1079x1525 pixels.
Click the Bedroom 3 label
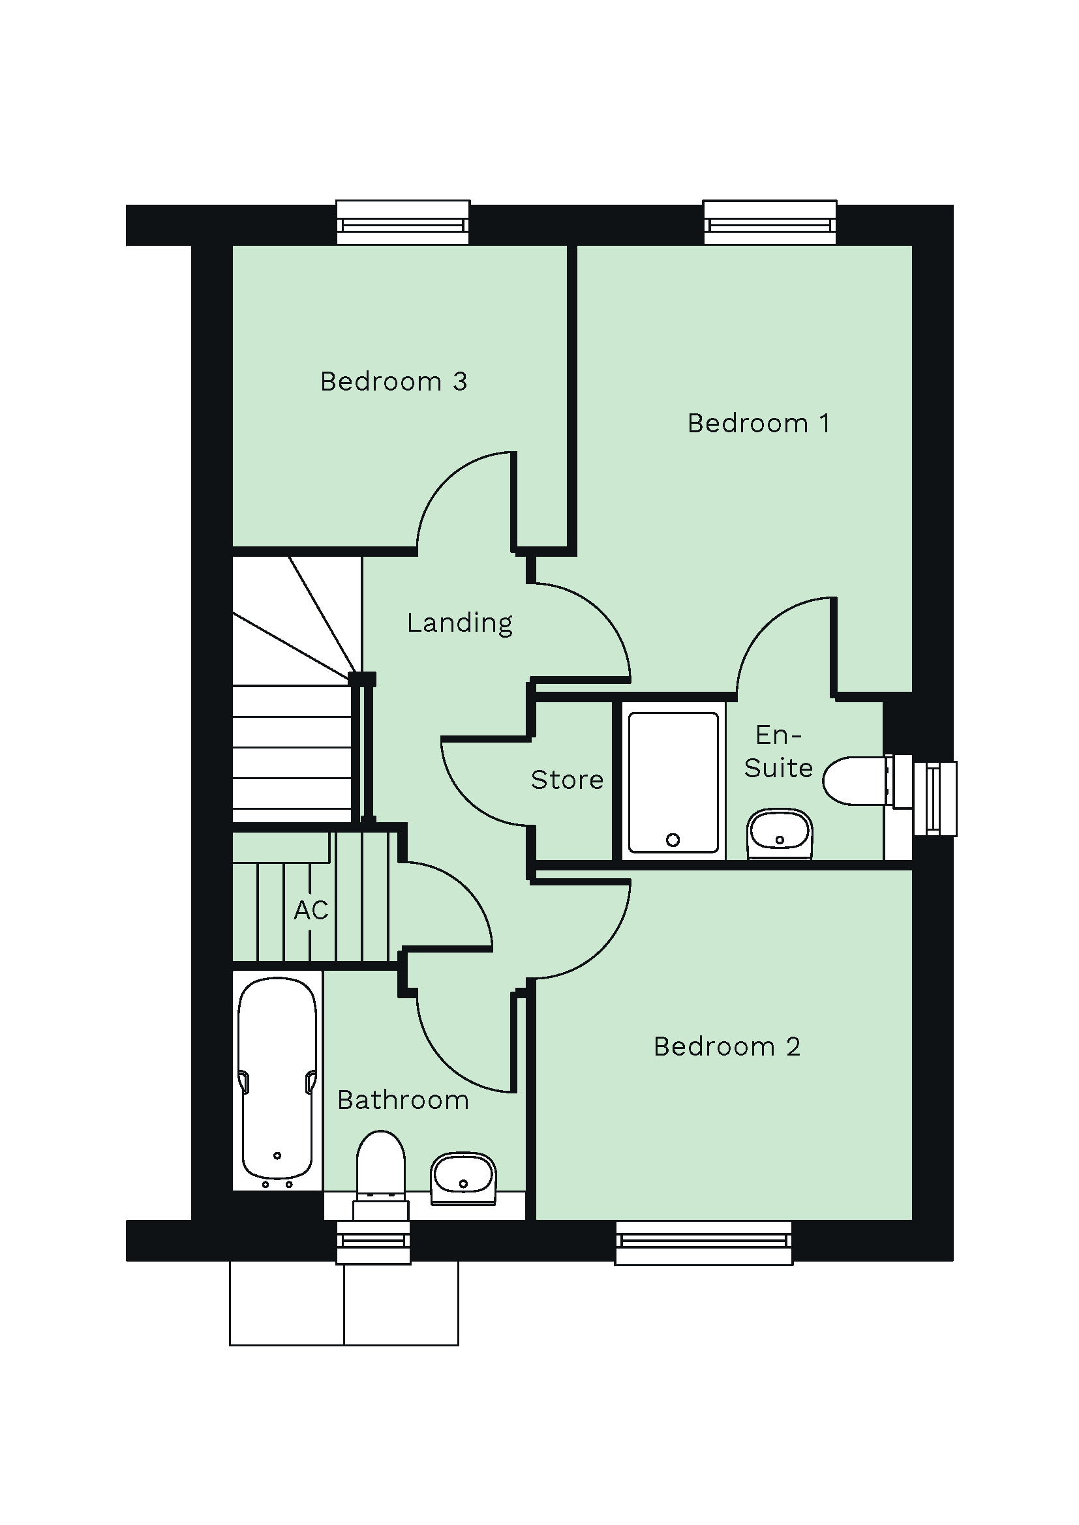click(393, 382)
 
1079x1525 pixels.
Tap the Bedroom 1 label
click(758, 424)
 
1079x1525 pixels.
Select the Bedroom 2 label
click(726, 1047)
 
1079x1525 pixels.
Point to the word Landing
click(459, 623)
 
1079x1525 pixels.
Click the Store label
click(567, 780)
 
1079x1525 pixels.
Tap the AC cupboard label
click(311, 910)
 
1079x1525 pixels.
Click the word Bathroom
click(403, 1101)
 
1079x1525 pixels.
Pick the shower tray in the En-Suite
click(673, 782)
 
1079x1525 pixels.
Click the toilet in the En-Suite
click(855, 780)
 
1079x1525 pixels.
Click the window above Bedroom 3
click(403, 222)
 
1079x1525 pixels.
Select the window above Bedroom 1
click(769, 222)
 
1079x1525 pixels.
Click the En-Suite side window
click(934, 799)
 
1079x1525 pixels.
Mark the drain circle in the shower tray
click(673, 840)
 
